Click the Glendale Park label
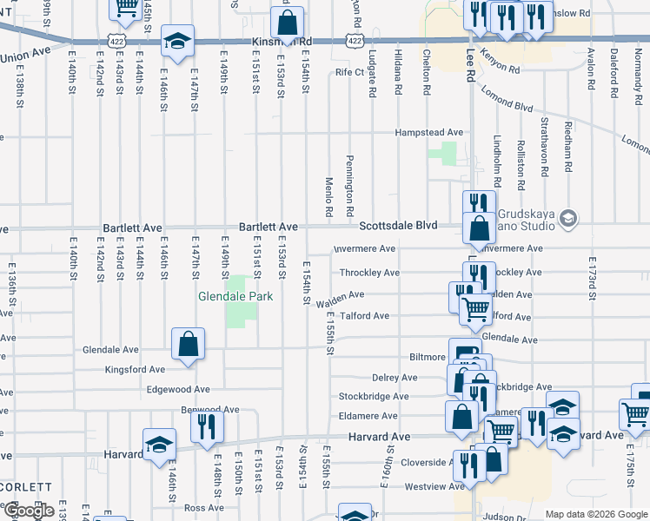pos(235,296)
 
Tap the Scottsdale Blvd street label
pos(399,225)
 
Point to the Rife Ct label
pos(349,72)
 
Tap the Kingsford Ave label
pos(134,370)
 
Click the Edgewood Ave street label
pos(178,390)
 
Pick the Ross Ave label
pos(204,508)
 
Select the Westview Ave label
pos(435,487)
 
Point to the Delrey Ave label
pos(395,378)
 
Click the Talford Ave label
pos(364,316)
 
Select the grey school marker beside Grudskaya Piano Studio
pos(569,217)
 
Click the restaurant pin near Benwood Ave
pos(208,426)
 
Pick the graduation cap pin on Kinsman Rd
pos(177,41)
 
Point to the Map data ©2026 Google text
pos(595,514)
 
